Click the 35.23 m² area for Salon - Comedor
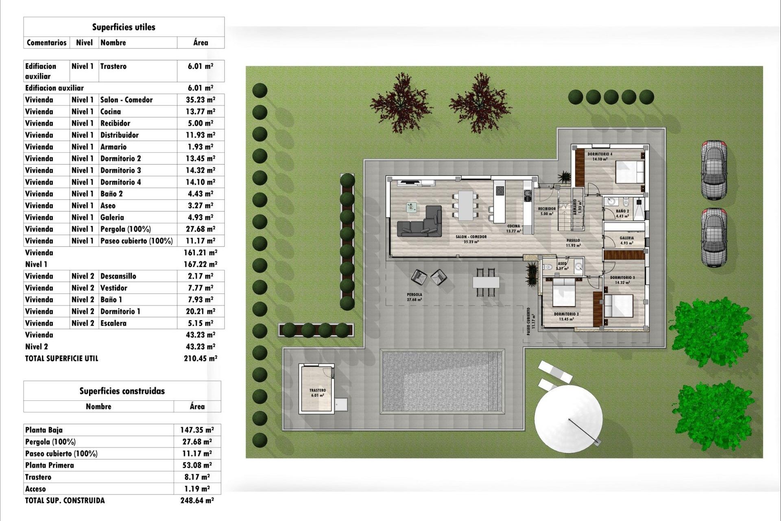(200, 100)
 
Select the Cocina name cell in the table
(111, 112)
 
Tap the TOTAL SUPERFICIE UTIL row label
(61, 359)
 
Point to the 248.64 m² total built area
(197, 501)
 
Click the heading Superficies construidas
(122, 391)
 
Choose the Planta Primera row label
(50, 465)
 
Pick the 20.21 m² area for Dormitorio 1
(200, 311)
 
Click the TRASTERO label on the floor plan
(317, 390)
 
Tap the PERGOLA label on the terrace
(414, 294)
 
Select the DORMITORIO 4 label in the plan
(600, 154)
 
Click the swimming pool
(442, 381)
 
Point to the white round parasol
(568, 419)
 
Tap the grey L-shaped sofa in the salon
(420, 223)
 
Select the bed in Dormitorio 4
(630, 172)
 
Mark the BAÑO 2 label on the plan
(622, 211)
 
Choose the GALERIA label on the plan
(626, 238)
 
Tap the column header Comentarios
(46, 43)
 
